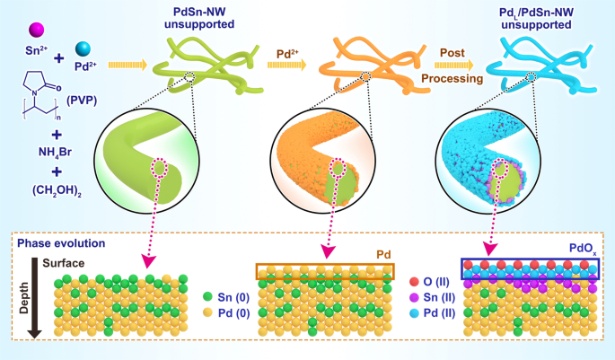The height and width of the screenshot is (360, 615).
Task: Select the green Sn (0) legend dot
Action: [x=208, y=294]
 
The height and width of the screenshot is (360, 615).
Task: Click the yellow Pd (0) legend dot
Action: [x=208, y=313]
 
